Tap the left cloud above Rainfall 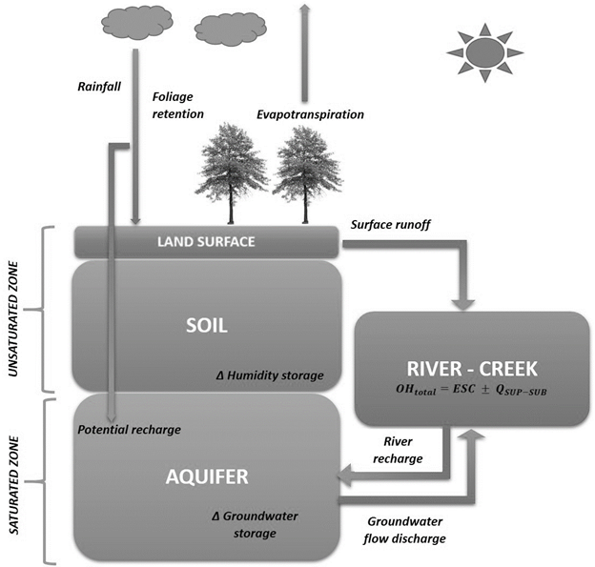click(131, 23)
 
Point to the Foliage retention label click(178, 104)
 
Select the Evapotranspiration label click(310, 114)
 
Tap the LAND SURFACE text click(205, 242)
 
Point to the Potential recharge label click(130, 429)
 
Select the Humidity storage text click(269, 376)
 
